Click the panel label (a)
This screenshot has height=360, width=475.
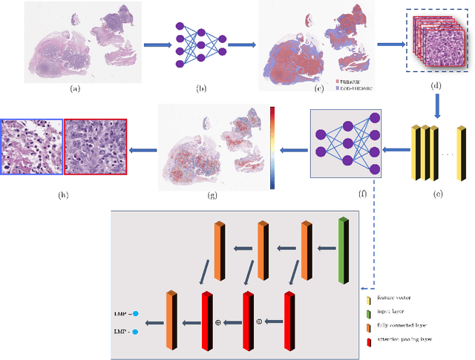74,88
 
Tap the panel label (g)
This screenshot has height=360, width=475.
213,196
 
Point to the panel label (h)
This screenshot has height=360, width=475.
64,196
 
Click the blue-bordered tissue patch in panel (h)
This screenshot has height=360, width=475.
32,147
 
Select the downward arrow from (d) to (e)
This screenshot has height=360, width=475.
436,110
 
